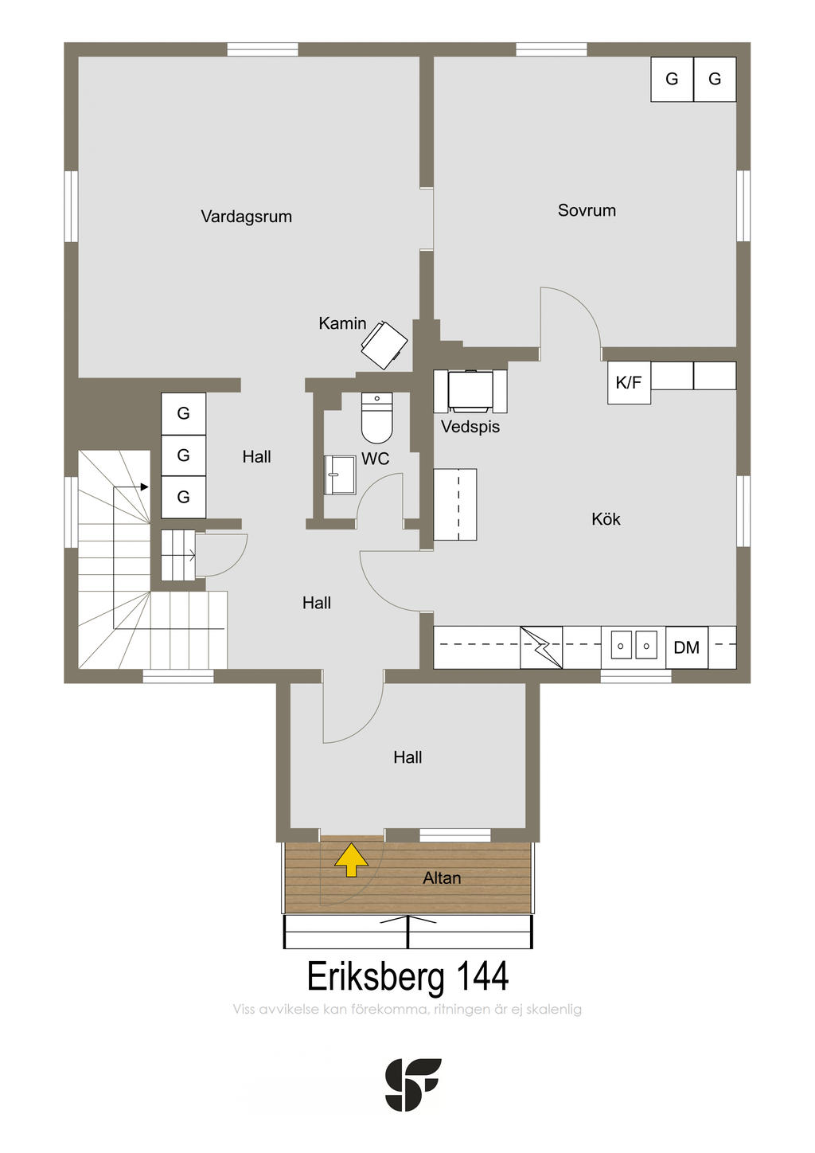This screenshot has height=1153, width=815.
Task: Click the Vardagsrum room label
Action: [x=246, y=217]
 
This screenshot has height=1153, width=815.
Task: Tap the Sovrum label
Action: [x=587, y=210]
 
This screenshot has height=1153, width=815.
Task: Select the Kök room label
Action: [x=606, y=519]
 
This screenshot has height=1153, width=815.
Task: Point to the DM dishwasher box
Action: [x=686, y=647]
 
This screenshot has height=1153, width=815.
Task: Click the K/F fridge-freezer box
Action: [x=629, y=382]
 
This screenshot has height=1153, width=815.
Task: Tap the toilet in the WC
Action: [x=376, y=417]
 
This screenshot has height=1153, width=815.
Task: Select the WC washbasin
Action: [x=340, y=475]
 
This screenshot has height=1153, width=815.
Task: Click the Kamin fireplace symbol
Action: [x=384, y=345]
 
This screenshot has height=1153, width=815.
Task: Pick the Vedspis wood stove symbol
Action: [x=470, y=391]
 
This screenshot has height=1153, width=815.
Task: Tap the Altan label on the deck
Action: [x=442, y=877]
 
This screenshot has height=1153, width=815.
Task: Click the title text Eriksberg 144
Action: [x=407, y=977]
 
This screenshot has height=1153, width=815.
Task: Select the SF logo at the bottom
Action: [x=413, y=1085]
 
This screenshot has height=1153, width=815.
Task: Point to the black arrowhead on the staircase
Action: [x=145, y=487]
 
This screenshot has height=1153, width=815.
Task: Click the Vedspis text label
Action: [x=470, y=427]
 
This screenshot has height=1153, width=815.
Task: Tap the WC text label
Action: [x=375, y=459]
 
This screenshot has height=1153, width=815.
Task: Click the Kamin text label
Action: [x=342, y=323]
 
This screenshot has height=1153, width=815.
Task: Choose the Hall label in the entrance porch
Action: [x=407, y=757]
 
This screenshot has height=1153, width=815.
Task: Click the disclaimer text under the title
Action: [x=407, y=1009]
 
